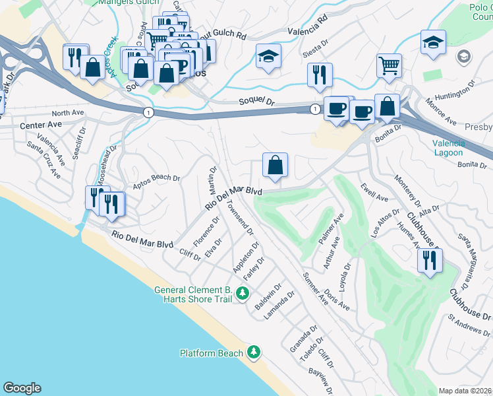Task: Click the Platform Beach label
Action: [212, 353]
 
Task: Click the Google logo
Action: [22, 388]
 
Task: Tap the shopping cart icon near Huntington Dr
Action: [389, 65]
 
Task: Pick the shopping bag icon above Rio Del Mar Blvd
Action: [275, 165]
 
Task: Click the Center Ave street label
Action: [41, 124]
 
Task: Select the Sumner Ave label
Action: [315, 288]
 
